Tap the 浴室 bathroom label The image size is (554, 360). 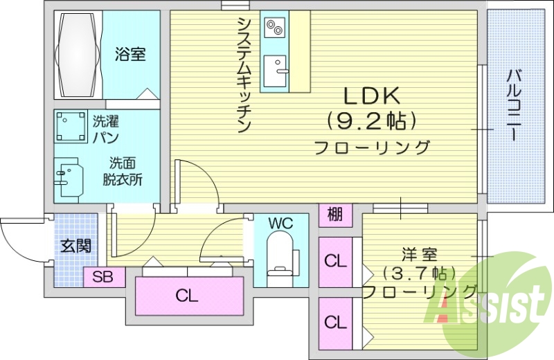click(x=131, y=53)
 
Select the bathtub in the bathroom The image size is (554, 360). click(x=77, y=55)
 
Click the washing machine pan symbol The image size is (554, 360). click(x=70, y=127)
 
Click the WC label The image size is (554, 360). click(x=281, y=223)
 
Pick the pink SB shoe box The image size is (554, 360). click(x=104, y=278)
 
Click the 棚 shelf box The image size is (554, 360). click(x=334, y=215)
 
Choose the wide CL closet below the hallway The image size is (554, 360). click(x=187, y=296)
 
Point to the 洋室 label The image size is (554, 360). click(x=419, y=255)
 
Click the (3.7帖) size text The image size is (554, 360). click(x=419, y=272)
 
